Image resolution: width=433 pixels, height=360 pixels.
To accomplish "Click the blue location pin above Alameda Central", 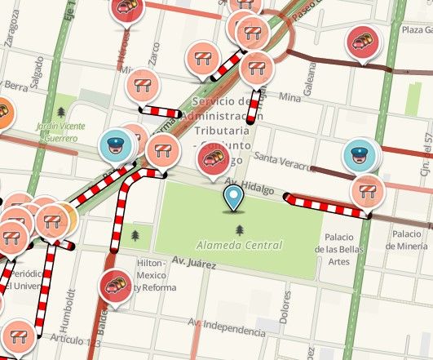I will click(235, 198).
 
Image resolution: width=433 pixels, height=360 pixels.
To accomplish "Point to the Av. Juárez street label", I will click(193, 263).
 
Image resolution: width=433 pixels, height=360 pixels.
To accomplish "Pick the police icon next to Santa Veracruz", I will click(357, 155).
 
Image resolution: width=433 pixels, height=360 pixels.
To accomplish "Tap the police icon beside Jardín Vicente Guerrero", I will click(115, 145).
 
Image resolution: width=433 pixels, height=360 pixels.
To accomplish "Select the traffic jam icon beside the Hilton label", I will click(115, 286).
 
